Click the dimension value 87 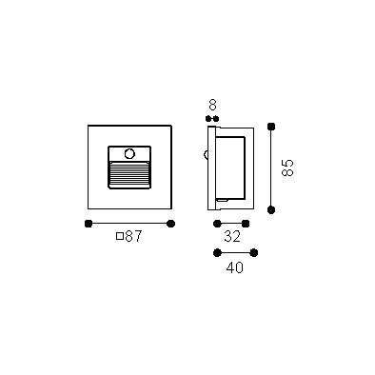pos(133,236)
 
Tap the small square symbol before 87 pos(120,236)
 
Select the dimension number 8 pos(212,105)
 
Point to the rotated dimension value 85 pos(287,168)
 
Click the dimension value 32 pos(232,237)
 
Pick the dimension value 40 pos(235,268)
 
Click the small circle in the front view pos(129,154)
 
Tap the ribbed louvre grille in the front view pos(129,174)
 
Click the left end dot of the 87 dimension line pos(89,224)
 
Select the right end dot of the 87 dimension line pos(170,224)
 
